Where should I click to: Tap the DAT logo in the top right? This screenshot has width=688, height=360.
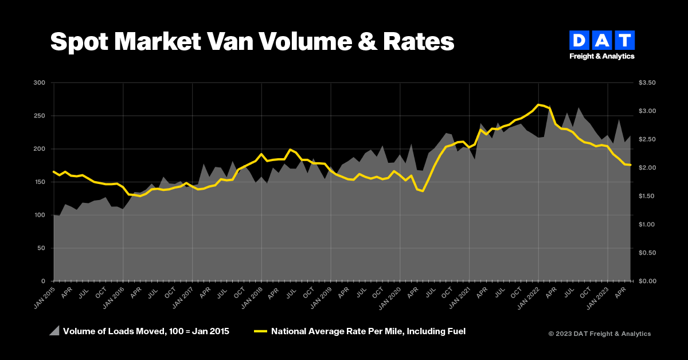[601, 45]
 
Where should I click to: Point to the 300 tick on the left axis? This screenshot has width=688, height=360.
[40, 83]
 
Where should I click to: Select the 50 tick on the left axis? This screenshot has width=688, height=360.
[42, 248]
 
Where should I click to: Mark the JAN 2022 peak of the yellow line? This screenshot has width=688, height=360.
[538, 105]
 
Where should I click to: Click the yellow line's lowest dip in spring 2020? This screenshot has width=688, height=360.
[423, 191]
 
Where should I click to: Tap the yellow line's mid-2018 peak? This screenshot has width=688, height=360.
[290, 149]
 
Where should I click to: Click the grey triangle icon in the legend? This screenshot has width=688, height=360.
[54, 331]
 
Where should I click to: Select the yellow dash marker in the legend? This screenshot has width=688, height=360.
[261, 331]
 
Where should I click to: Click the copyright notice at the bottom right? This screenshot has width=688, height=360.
[599, 334]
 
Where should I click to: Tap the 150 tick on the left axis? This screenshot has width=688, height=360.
[40, 182]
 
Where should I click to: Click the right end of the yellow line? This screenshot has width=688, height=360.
[631, 165]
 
